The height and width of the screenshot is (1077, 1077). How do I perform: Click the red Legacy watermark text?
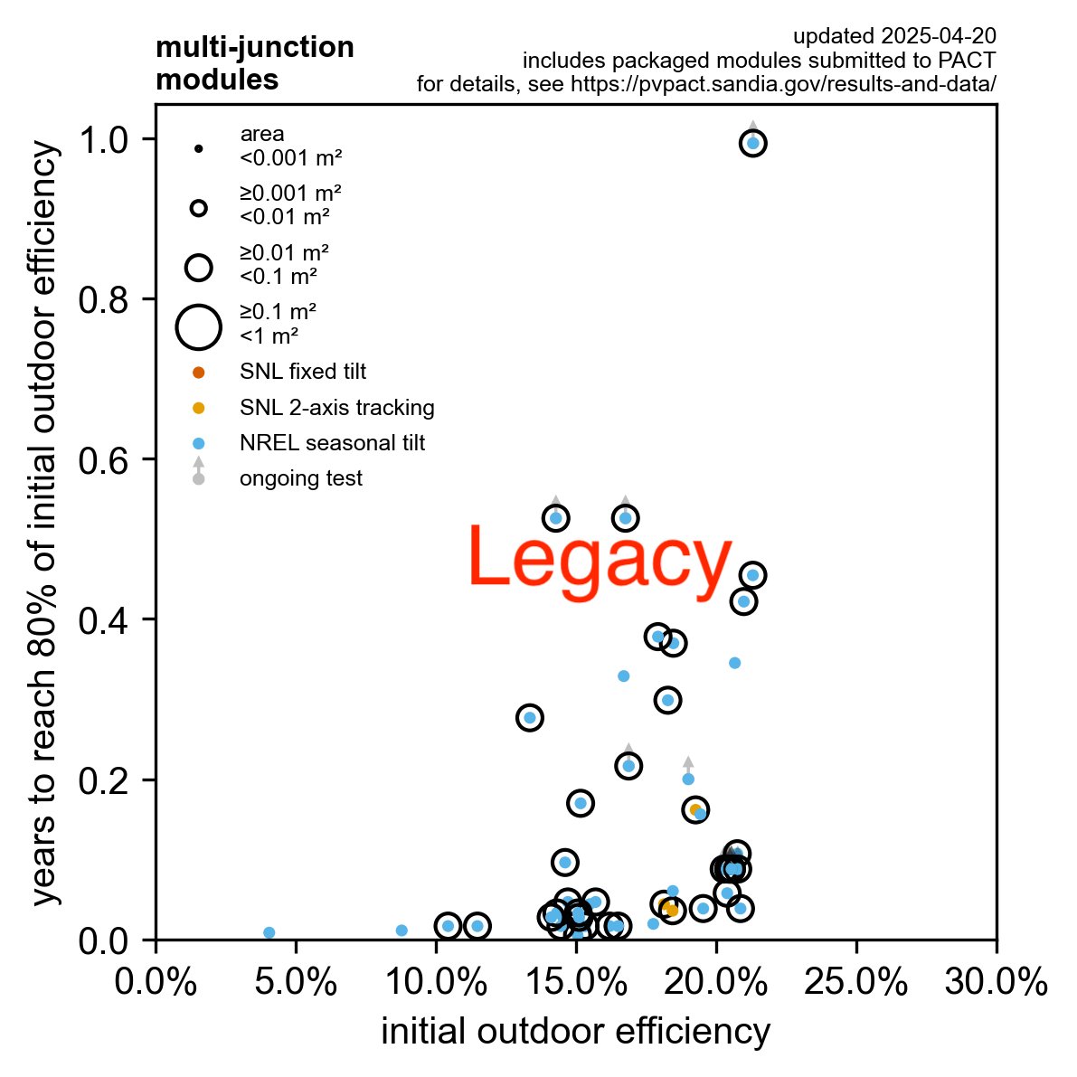(600, 560)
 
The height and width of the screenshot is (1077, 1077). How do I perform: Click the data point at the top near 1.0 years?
(753, 143)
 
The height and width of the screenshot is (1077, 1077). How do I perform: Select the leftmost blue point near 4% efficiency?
(269, 932)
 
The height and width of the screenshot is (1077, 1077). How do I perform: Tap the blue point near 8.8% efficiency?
(402, 930)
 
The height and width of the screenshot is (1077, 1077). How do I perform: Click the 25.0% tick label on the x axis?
(855, 983)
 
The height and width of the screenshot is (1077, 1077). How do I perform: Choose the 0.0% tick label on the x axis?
(156, 983)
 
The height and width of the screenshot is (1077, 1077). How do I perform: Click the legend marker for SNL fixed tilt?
(199, 373)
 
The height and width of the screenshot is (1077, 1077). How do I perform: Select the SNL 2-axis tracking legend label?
(336, 408)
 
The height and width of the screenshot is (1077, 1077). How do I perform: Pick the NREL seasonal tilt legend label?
(332, 443)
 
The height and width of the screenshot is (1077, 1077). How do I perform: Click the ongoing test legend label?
(300, 478)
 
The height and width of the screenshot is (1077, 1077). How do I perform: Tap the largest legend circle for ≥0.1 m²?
(199, 326)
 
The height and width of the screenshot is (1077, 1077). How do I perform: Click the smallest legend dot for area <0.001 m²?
(199, 148)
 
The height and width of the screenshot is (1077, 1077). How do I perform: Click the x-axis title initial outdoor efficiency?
(575, 1032)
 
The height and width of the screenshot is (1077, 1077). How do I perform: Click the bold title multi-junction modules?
(254, 63)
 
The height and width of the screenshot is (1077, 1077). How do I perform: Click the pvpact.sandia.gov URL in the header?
(782, 84)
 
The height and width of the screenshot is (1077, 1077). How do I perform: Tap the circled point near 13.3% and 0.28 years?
(530, 717)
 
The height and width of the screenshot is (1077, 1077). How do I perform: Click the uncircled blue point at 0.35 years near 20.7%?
(734, 663)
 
